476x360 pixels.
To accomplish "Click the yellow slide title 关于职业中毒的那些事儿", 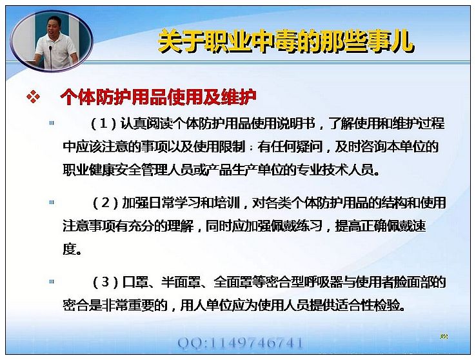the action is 286,41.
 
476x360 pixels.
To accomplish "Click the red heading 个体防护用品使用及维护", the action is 158,97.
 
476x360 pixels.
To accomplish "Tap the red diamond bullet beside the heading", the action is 33,97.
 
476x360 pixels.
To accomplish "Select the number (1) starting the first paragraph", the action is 104,124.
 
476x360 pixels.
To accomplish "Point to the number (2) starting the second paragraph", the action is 105,203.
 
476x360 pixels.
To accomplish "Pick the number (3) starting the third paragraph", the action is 105,283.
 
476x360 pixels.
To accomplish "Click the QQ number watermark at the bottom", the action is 240,343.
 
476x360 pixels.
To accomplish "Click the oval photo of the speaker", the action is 52,41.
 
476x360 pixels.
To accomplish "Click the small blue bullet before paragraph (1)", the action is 52,123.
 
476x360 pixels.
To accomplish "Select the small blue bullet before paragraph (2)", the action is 52,202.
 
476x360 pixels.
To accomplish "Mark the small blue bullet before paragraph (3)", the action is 52,281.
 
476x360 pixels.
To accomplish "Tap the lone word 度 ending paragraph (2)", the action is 69,250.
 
